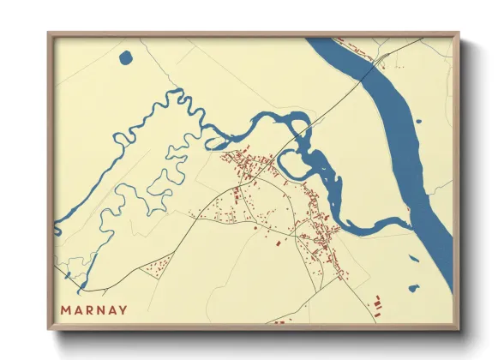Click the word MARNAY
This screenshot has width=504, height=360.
point(93,309)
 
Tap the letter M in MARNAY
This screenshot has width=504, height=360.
point(66,309)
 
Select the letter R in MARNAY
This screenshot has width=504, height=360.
point(89,309)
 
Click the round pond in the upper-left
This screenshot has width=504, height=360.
point(127,58)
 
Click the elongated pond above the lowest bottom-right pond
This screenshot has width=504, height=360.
point(413,258)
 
